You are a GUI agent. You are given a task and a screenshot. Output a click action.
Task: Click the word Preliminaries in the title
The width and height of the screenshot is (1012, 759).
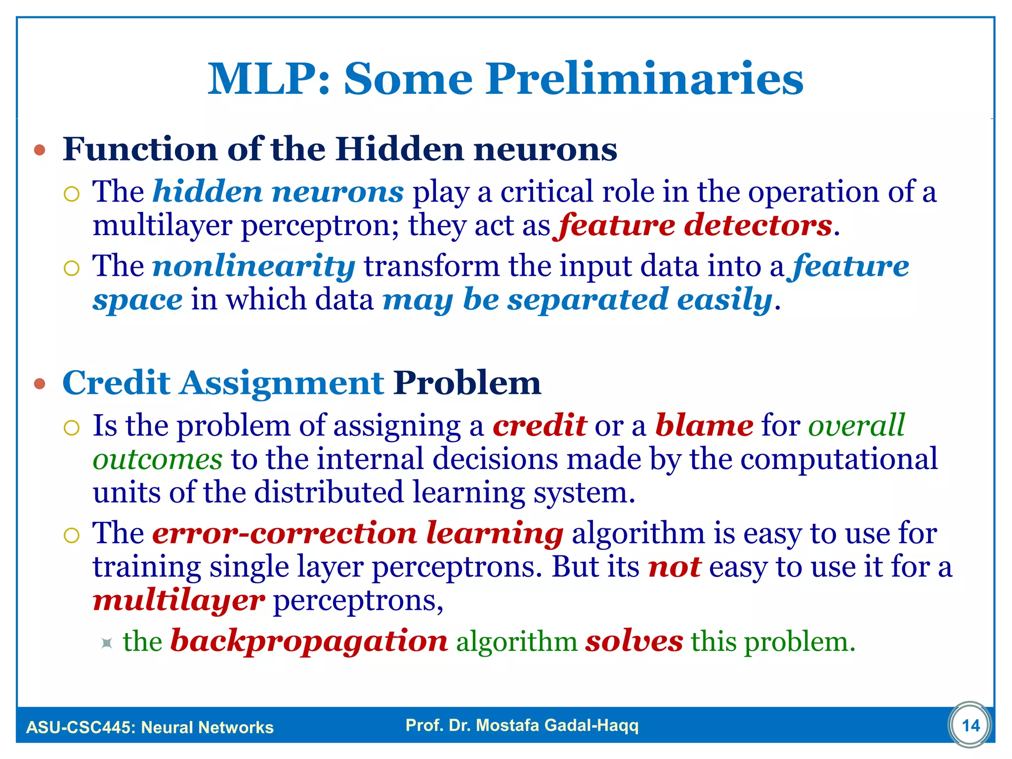click(644, 79)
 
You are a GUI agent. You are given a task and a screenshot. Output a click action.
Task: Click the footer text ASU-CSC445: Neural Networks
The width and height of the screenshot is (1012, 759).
click(150, 727)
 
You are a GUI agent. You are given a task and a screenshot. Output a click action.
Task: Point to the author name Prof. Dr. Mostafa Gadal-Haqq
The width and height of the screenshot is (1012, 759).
click(522, 725)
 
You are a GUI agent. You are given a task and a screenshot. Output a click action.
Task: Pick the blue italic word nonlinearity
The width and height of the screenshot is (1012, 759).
click(253, 266)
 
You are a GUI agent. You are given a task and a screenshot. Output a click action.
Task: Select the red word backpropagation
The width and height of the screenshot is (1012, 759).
click(309, 641)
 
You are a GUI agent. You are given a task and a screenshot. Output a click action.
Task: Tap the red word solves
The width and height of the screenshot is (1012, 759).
click(634, 641)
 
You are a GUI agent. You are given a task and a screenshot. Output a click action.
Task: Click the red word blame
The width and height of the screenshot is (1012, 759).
click(704, 425)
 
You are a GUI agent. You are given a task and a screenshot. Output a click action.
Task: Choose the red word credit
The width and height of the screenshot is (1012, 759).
click(540, 425)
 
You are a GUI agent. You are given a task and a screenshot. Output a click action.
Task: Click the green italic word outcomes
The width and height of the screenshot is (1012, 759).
click(158, 460)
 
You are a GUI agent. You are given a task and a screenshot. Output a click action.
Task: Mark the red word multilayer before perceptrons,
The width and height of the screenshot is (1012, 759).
click(179, 600)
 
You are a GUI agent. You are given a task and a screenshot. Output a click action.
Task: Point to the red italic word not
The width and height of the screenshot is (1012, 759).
click(674, 567)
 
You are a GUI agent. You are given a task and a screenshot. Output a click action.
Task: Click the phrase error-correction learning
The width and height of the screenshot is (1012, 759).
click(358, 533)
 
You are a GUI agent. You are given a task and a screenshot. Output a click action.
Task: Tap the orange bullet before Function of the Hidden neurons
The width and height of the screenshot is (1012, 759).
click(40, 150)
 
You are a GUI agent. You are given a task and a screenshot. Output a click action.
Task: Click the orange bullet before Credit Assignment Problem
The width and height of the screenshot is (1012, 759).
click(40, 383)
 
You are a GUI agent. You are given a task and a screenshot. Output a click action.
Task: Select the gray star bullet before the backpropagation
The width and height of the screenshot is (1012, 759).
click(106, 643)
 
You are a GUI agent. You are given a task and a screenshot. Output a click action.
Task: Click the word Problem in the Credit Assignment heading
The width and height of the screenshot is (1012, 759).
click(467, 383)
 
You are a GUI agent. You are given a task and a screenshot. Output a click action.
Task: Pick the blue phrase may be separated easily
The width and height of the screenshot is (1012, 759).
click(577, 300)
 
